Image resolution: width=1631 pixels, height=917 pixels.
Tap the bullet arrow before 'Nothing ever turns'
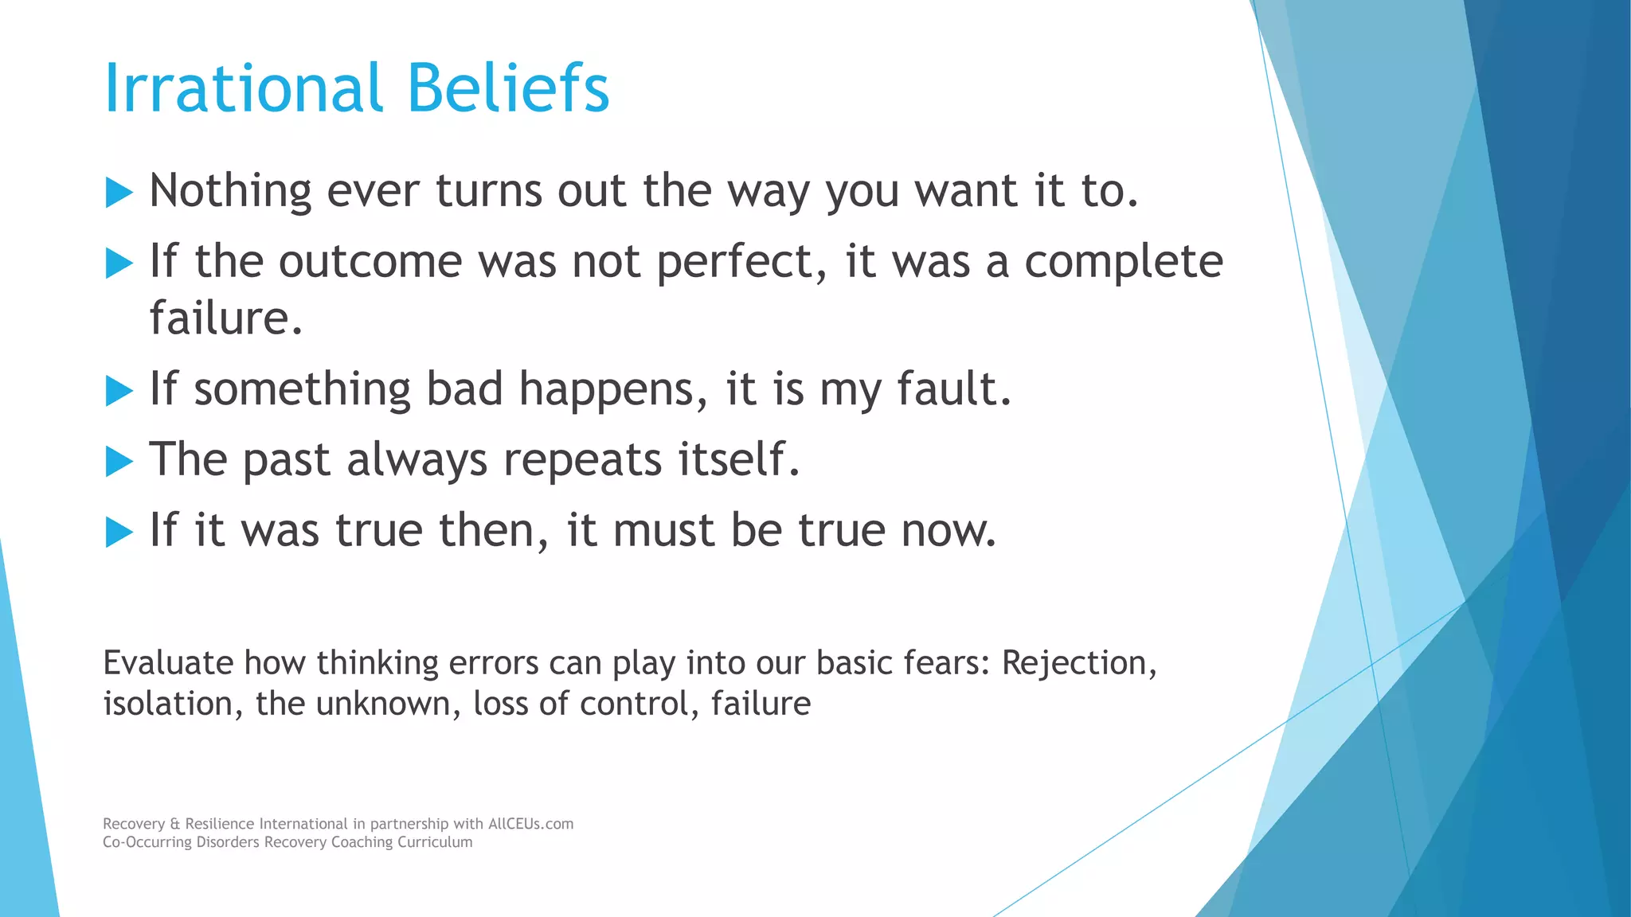119,193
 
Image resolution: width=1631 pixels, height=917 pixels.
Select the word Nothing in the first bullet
230,191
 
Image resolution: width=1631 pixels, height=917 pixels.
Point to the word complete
1123,263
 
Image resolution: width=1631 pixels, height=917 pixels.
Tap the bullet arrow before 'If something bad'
119,391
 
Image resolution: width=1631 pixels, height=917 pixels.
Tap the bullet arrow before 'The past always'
119,462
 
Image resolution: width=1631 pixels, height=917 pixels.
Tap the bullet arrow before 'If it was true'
119,532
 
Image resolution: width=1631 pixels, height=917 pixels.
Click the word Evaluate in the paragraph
168,663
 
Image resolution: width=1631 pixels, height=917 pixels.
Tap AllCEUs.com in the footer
530,824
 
